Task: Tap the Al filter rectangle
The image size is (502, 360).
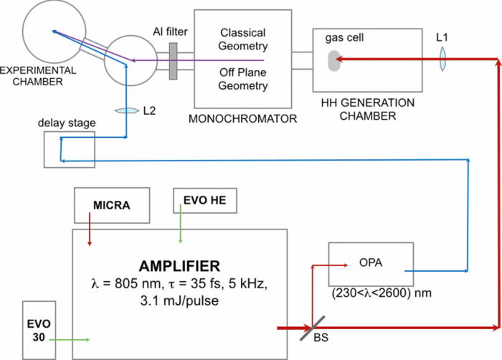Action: click(x=173, y=61)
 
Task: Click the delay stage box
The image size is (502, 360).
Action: click(x=69, y=150)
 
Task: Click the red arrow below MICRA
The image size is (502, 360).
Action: click(x=89, y=236)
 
